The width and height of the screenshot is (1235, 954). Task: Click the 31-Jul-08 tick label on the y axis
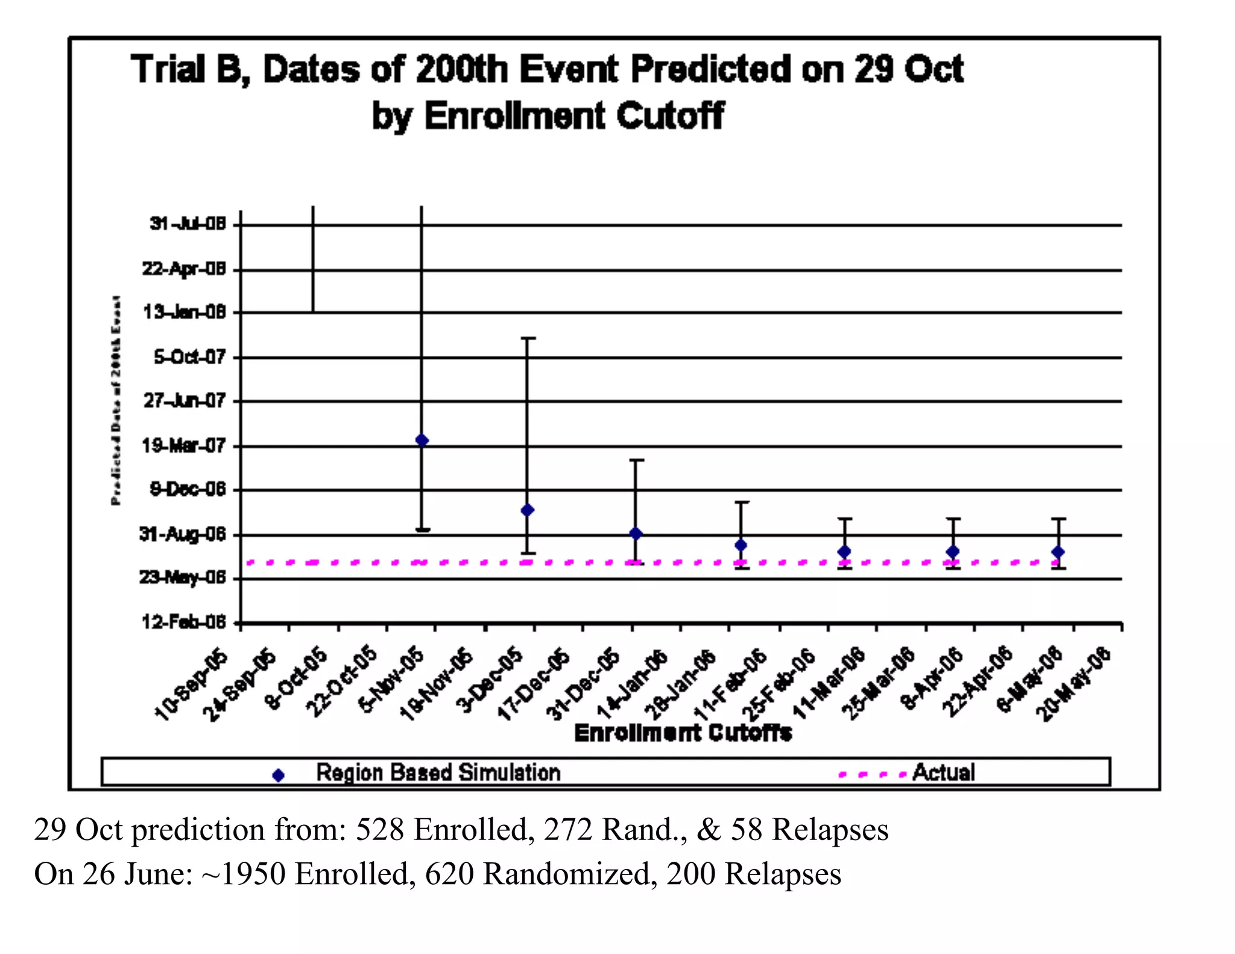(188, 224)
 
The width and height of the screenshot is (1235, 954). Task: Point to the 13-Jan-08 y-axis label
(184, 312)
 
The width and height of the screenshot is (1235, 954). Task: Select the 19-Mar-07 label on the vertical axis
(183, 446)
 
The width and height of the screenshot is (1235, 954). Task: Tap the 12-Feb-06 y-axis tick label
(183, 622)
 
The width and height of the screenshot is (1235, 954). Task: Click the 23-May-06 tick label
(182, 578)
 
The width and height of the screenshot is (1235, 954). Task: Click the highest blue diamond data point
(422, 440)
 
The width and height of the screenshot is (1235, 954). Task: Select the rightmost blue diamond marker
(1058, 552)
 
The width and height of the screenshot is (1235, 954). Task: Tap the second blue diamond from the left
(527, 510)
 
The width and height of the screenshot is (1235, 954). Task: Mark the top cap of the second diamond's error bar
(528, 338)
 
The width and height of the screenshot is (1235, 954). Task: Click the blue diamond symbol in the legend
(278, 776)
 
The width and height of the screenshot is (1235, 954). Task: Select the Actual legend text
(943, 772)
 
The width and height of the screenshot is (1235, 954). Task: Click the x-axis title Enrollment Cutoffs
(683, 733)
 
